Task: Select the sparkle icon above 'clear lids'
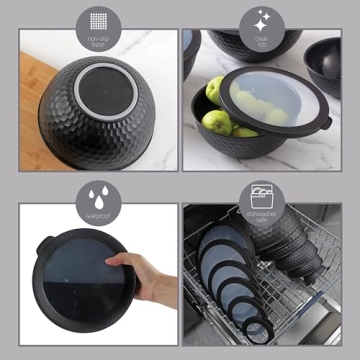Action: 263,20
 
